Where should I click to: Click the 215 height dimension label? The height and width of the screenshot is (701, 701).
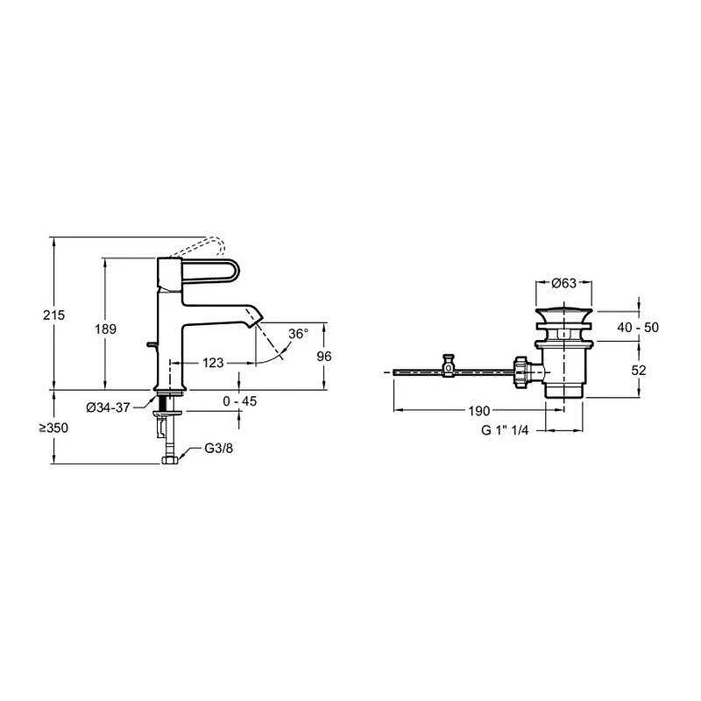pyautogui.click(x=53, y=315)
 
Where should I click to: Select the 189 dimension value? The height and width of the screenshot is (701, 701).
pyautogui.click(x=105, y=329)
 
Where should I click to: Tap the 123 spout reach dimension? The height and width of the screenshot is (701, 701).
pyautogui.click(x=213, y=363)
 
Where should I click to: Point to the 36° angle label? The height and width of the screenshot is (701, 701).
pyautogui.click(x=298, y=334)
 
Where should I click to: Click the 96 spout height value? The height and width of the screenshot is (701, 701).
pyautogui.click(x=324, y=357)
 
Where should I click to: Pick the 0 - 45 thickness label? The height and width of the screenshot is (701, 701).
pyautogui.click(x=239, y=401)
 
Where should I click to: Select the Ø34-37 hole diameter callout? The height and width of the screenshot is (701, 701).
pyautogui.click(x=108, y=407)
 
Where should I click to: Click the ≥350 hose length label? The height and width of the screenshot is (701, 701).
pyautogui.click(x=53, y=428)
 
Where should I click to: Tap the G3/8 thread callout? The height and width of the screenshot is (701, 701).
pyautogui.click(x=218, y=448)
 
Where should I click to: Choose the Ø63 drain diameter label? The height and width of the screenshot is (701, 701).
pyautogui.click(x=563, y=283)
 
